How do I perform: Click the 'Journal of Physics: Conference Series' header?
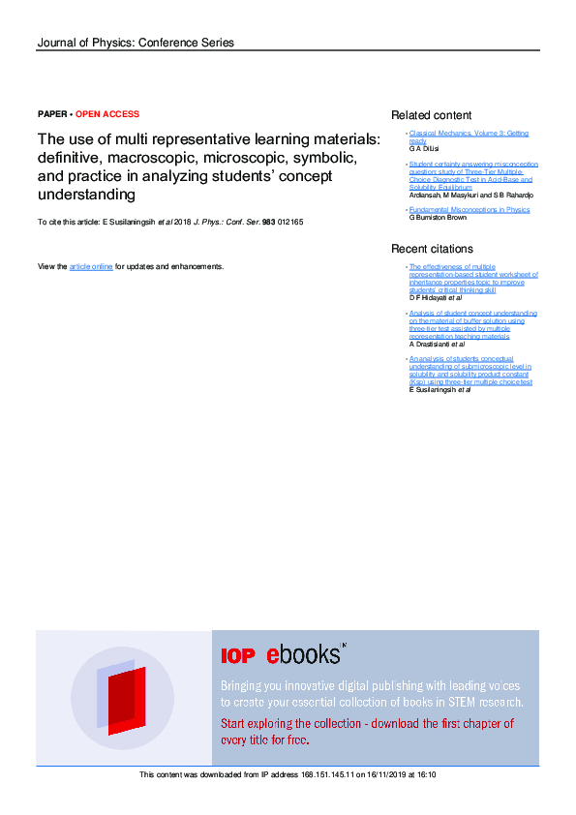tap(135, 43)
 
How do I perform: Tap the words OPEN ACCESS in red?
tap(107, 114)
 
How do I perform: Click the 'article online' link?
tap(91, 266)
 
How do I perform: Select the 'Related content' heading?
tap(431, 115)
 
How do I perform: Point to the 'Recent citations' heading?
tap(432, 249)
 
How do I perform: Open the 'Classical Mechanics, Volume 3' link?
tap(469, 134)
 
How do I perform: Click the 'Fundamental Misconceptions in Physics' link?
tap(470, 209)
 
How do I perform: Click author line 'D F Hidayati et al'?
tap(436, 297)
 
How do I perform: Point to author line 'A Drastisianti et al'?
tap(438, 344)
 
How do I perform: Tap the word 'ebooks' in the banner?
tap(303, 654)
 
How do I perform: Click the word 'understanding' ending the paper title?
tap(86, 195)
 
